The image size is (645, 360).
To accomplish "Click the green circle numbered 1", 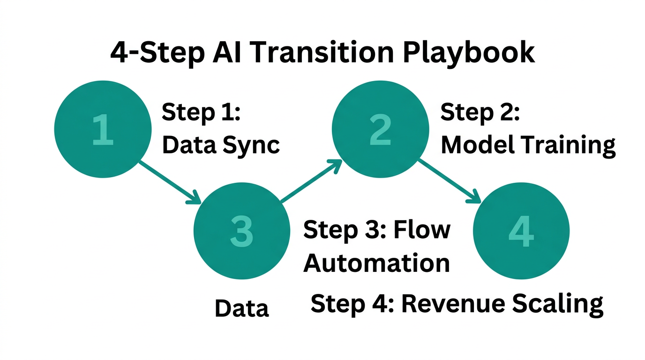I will pos(103,129).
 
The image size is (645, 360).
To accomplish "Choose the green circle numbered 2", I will pos(380,129).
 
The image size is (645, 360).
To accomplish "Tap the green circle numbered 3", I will pos(242,231).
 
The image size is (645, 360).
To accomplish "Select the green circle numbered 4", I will pos(521,231).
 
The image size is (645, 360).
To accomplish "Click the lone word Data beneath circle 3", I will pos(242,308).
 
